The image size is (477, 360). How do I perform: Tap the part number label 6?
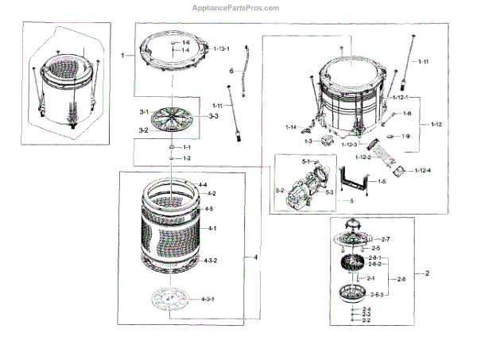[x=231, y=72]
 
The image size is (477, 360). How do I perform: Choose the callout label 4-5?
[x=209, y=209]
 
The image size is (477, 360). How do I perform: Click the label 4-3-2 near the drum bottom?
[x=211, y=261]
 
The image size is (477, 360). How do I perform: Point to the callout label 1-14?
[x=291, y=127]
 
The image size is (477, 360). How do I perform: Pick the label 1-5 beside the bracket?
[x=382, y=182]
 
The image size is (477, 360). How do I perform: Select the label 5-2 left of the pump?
[x=280, y=191]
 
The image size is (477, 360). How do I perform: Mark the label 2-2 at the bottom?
[x=366, y=320]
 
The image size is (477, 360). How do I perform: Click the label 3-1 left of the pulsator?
[x=144, y=112]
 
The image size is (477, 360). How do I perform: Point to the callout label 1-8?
[x=406, y=114]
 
